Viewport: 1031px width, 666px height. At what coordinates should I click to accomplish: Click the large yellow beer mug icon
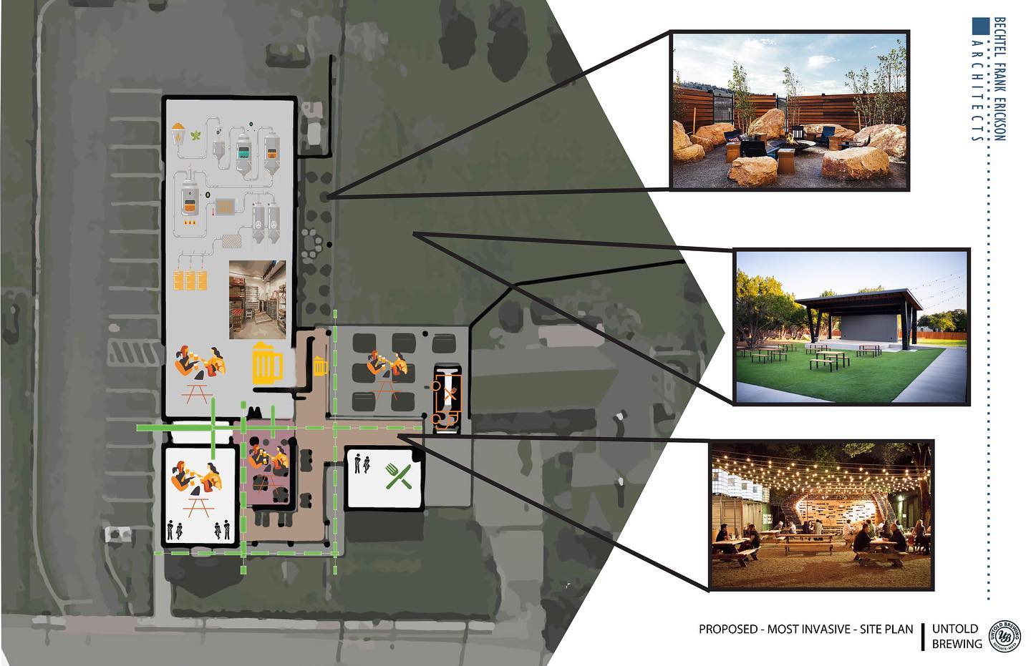pos(267,363)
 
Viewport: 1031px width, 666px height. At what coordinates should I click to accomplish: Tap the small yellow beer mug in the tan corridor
pos(320,366)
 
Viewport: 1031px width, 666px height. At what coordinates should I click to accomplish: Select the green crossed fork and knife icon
pos(398,476)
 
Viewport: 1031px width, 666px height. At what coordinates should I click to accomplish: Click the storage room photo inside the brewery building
pos(257,300)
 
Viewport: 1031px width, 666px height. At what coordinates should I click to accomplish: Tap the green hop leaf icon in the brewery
pos(196,134)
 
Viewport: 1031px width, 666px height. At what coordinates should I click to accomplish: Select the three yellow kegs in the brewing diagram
pos(190,280)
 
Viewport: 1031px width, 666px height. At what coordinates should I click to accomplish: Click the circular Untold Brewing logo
pos(1005,636)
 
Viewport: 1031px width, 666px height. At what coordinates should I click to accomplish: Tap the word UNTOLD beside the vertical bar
pos(955,629)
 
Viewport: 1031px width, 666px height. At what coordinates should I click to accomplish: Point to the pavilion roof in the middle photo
pos(859,300)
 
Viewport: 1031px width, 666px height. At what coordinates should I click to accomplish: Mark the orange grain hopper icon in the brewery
pos(178,134)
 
